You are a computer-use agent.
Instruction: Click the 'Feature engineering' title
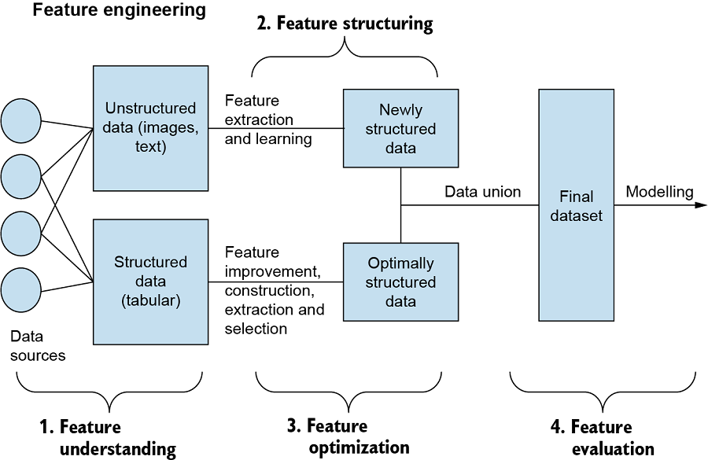pyautogui.click(x=120, y=11)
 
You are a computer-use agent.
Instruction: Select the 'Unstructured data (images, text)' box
pyautogui.click(x=150, y=128)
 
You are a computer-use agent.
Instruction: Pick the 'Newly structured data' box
pyautogui.click(x=400, y=128)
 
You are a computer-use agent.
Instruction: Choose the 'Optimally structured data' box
pyautogui.click(x=400, y=282)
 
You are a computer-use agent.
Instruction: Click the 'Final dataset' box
pyautogui.click(x=576, y=206)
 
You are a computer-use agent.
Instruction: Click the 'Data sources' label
pyautogui.click(x=37, y=346)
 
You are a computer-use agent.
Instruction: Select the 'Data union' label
pyautogui.click(x=482, y=192)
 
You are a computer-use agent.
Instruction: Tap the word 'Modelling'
pyautogui.click(x=659, y=192)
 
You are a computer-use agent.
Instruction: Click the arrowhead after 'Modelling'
pyautogui.click(x=700, y=206)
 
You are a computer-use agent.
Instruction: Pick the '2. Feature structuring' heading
pyautogui.click(x=345, y=24)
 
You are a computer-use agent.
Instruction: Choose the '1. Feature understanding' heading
pyautogui.click(x=108, y=438)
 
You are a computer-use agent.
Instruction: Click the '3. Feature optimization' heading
pyautogui.click(x=348, y=436)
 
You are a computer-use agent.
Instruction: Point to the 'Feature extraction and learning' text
pyautogui.click(x=268, y=120)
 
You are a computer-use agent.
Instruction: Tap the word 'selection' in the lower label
pyautogui.click(x=256, y=329)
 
